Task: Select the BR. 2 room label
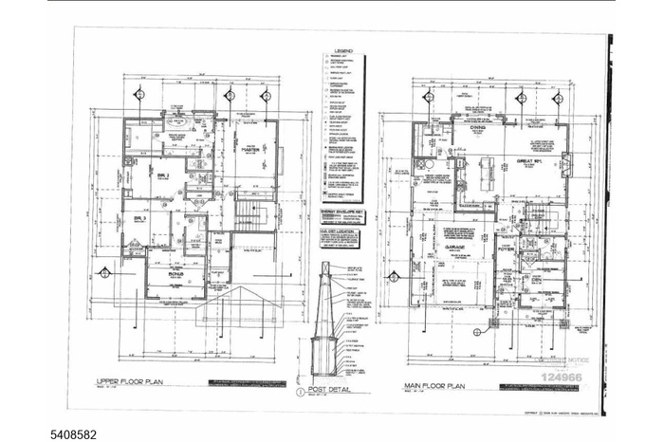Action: [163, 176]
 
